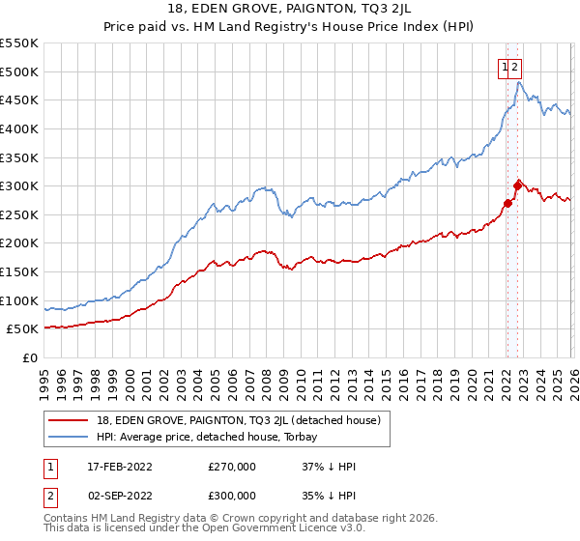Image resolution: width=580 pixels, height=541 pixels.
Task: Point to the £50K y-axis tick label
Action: tap(20, 329)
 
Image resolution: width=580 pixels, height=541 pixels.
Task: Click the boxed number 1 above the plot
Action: tap(505, 67)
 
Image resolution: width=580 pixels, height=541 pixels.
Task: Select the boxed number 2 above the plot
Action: tap(515, 67)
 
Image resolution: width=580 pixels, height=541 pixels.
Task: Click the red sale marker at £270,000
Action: tap(507, 203)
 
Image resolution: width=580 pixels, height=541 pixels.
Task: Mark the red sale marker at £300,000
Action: tap(517, 185)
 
